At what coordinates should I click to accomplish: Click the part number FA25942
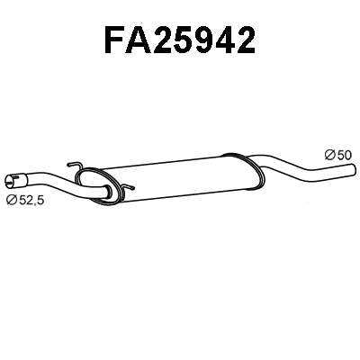pos(180,40)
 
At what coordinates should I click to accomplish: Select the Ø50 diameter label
pos(337,155)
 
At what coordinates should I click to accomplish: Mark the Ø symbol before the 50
pos(329,155)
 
